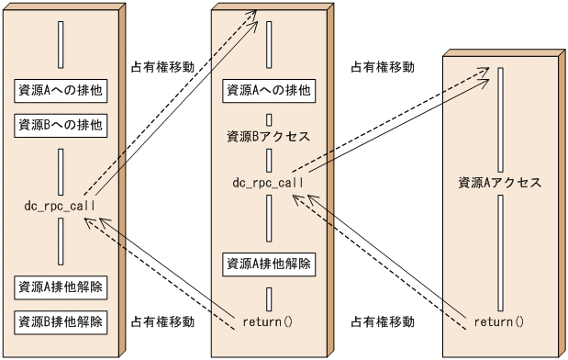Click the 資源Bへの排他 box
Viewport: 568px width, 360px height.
tap(60, 123)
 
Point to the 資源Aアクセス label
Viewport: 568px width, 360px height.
tap(500, 182)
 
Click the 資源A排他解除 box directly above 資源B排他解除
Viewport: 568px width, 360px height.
tap(60, 287)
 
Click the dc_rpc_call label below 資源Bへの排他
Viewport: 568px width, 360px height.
tap(60, 205)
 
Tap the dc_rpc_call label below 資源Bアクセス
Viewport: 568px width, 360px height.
tap(268, 183)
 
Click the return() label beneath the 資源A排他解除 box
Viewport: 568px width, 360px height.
tap(268, 321)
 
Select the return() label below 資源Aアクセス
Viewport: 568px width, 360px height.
tap(500, 321)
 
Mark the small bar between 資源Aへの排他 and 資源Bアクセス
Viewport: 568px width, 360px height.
tap(269, 118)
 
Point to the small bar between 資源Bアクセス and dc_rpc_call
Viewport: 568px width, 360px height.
tap(269, 160)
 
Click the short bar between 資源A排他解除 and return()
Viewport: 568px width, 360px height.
tap(269, 298)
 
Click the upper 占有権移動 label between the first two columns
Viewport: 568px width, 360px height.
tap(162, 67)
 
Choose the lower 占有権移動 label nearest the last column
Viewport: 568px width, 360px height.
tap(384, 322)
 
